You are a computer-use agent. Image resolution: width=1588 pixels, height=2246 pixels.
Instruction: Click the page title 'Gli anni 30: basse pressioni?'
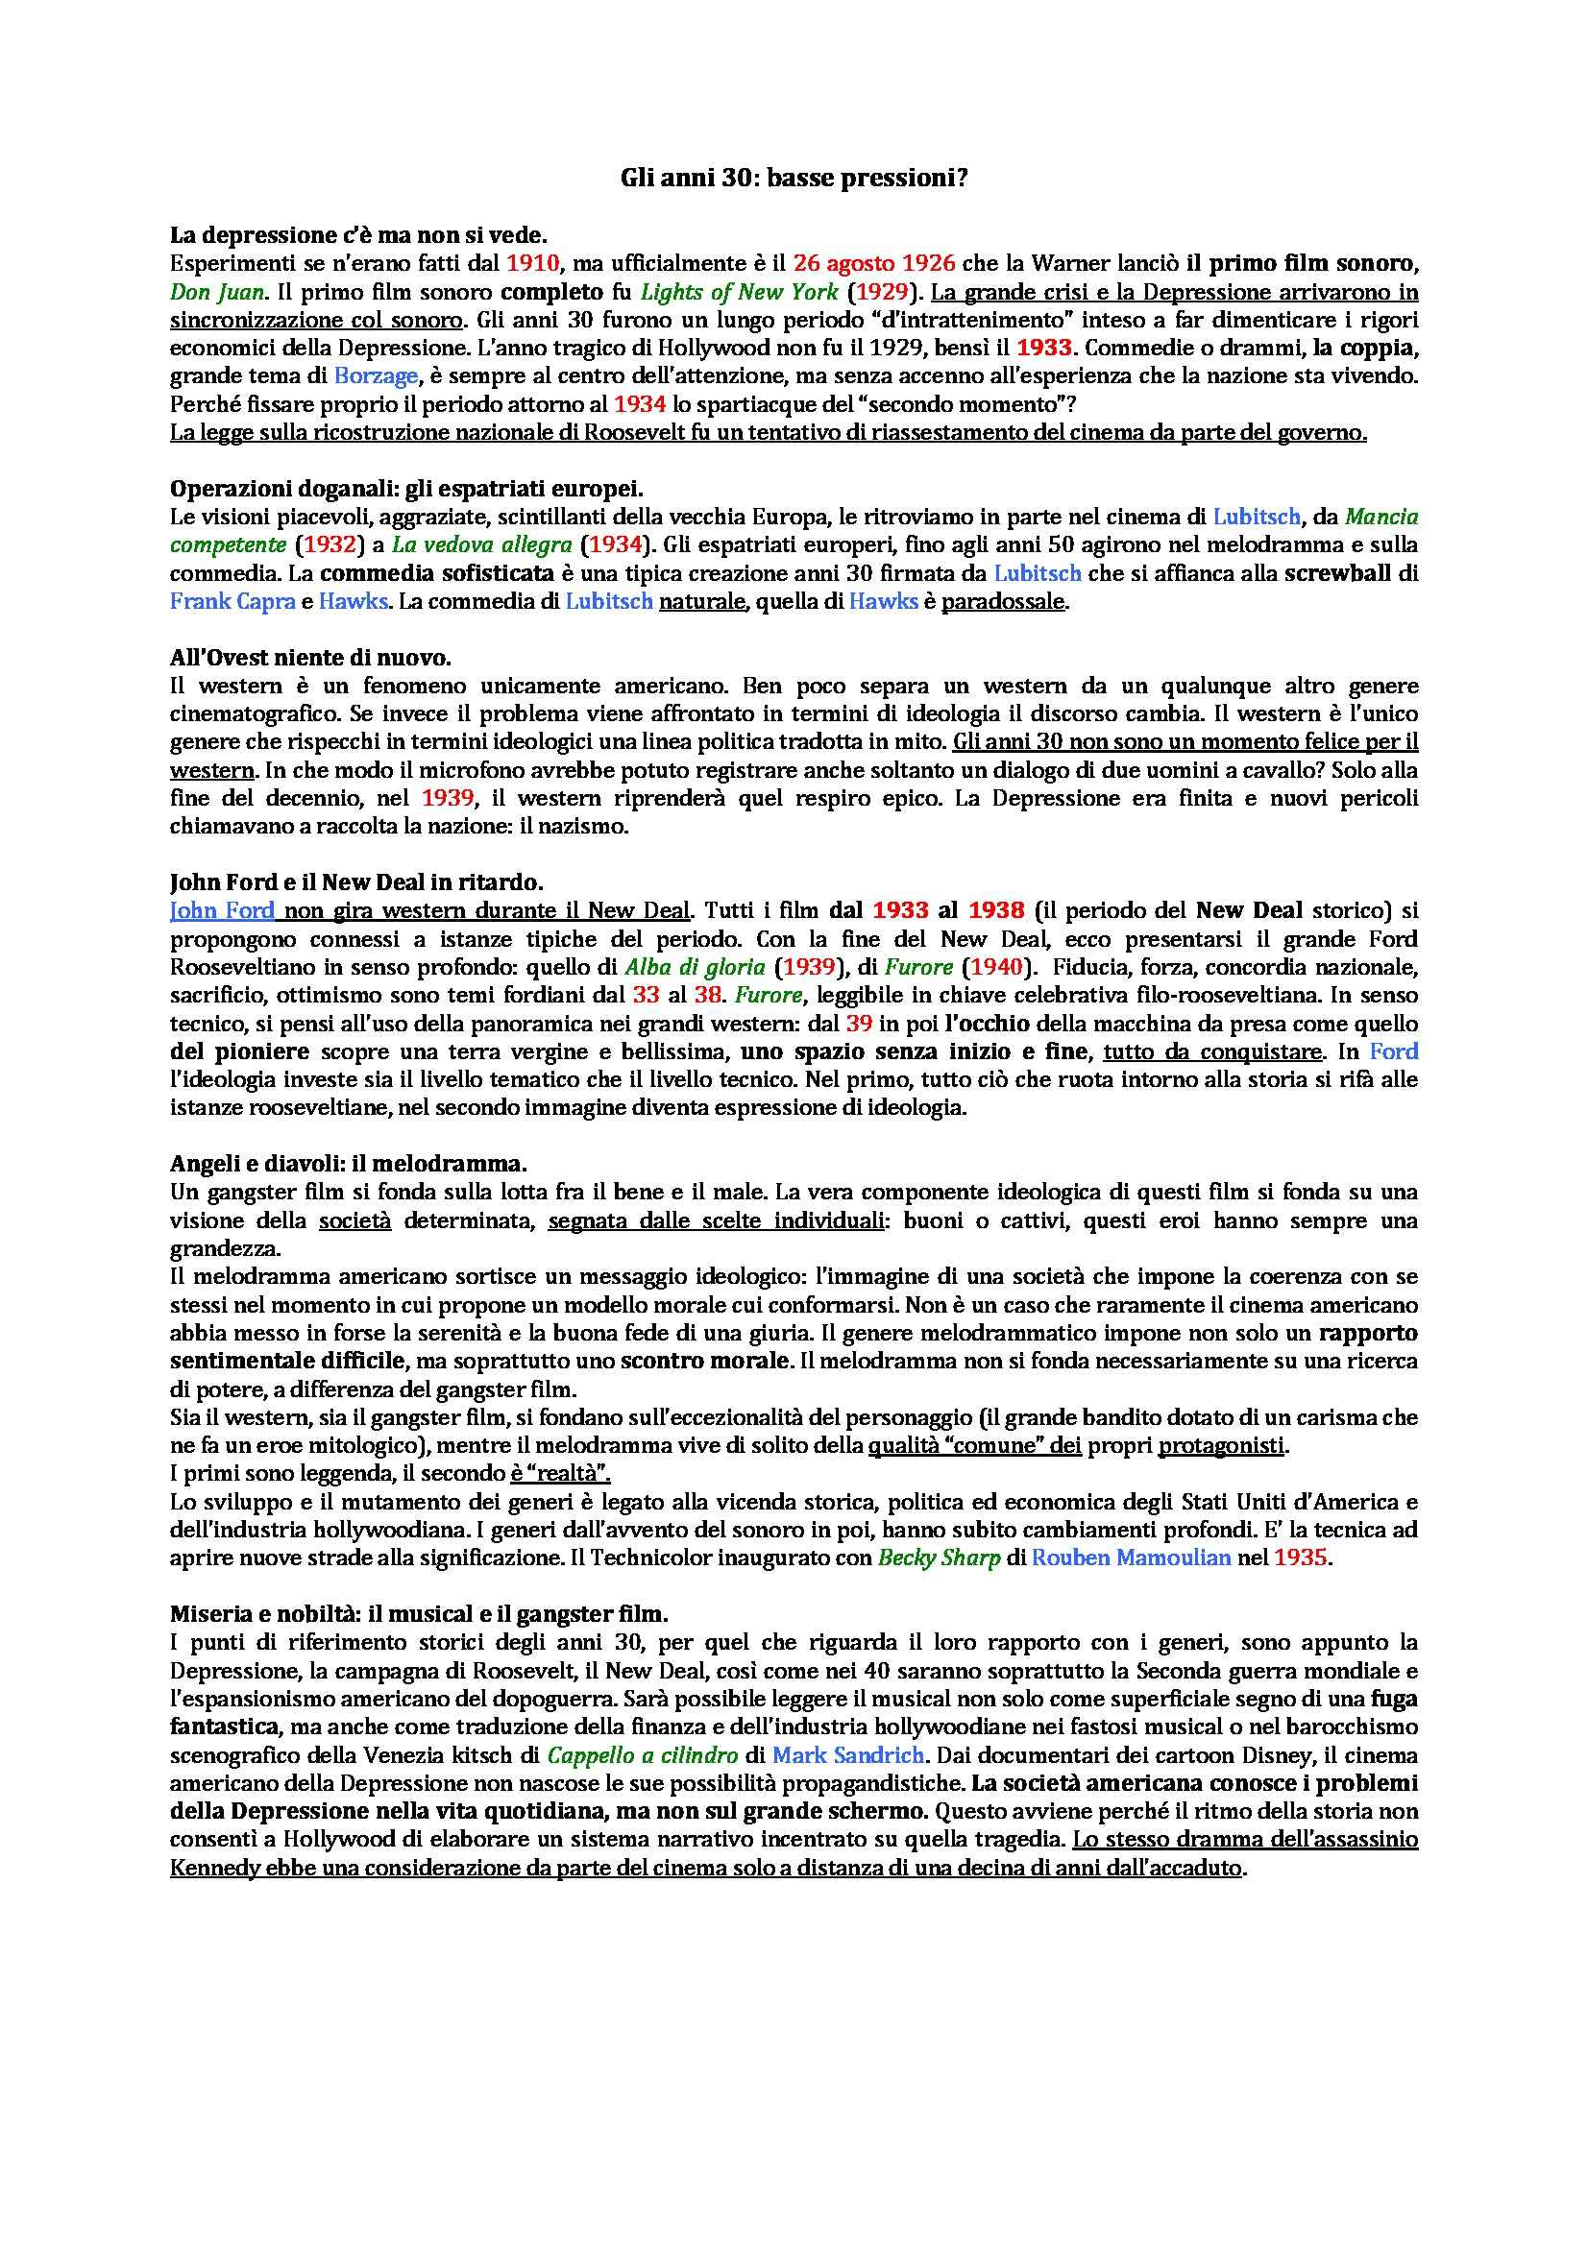(794, 179)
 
